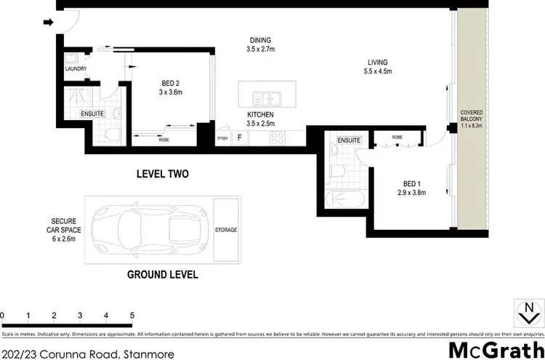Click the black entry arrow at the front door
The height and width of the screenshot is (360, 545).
click(49, 23)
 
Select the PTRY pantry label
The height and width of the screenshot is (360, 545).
click(222, 138)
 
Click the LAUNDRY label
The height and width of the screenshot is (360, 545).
click(76, 69)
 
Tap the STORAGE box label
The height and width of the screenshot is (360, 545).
click(225, 230)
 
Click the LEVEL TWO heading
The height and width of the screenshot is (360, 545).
click(163, 175)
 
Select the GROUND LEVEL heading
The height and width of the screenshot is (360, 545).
click(163, 275)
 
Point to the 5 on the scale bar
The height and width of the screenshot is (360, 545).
click(132, 316)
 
